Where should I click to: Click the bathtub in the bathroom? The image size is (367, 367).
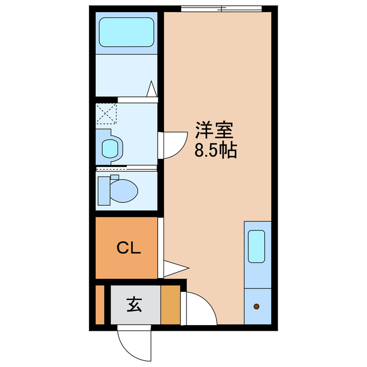click(x=126, y=32)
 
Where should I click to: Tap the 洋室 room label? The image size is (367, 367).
click(x=214, y=131)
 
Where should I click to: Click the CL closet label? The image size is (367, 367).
click(x=129, y=248)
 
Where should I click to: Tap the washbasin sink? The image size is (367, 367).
click(x=110, y=148)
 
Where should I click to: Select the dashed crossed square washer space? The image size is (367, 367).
click(x=106, y=113)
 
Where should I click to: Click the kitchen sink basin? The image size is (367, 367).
click(x=256, y=247)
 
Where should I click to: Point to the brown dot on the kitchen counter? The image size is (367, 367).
click(x=256, y=306)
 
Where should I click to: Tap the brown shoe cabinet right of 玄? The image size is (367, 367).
click(x=170, y=304)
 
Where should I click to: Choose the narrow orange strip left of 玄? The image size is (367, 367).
click(x=100, y=304)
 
